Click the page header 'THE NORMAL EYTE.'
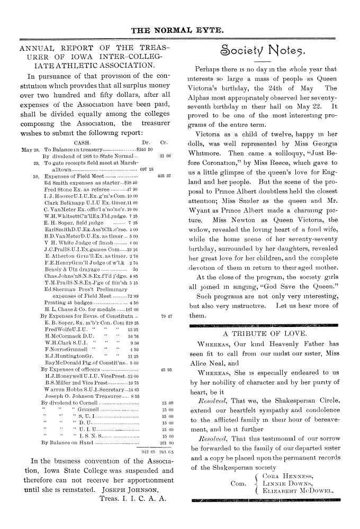click(179, 30)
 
